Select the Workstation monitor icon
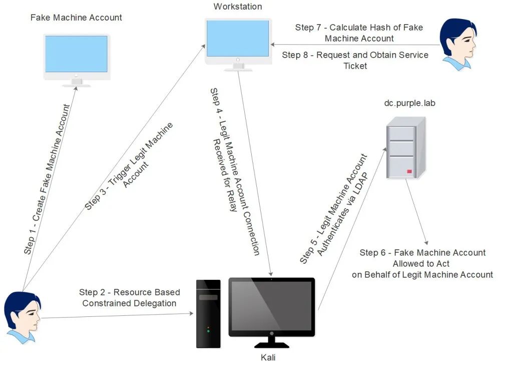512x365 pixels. [238, 45]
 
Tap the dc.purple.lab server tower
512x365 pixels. [406, 148]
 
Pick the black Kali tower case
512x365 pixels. [208, 314]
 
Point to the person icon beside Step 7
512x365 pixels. [458, 45]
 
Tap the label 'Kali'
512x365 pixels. [268, 357]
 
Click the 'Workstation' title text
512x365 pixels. [238, 7]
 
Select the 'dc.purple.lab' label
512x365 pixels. [409, 103]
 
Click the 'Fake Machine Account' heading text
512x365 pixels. [76, 18]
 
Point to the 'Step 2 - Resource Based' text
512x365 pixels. [129, 292]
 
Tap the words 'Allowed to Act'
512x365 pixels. [421, 264]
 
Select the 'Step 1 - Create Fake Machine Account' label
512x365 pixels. [47, 179]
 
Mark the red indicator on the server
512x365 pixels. [409, 171]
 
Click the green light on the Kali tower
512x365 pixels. [208, 331]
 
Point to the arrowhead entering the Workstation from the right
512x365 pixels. [273, 45]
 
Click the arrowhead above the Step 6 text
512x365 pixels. [426, 243]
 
